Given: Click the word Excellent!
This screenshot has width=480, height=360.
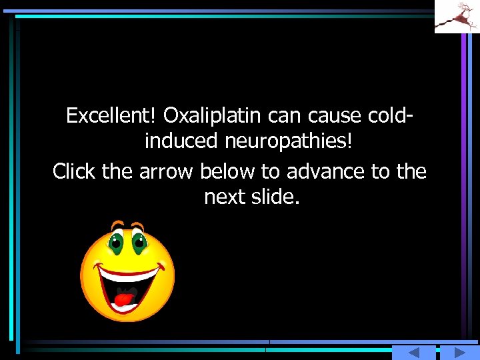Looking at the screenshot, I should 111,116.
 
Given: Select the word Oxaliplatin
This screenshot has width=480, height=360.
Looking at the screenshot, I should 213,116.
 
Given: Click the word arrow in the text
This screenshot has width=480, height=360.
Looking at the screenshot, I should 165,172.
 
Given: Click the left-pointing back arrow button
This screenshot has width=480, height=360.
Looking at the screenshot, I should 413,353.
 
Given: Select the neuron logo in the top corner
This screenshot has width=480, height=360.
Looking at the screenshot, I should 457,16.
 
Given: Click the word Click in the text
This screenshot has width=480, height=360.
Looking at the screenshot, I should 75,171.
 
